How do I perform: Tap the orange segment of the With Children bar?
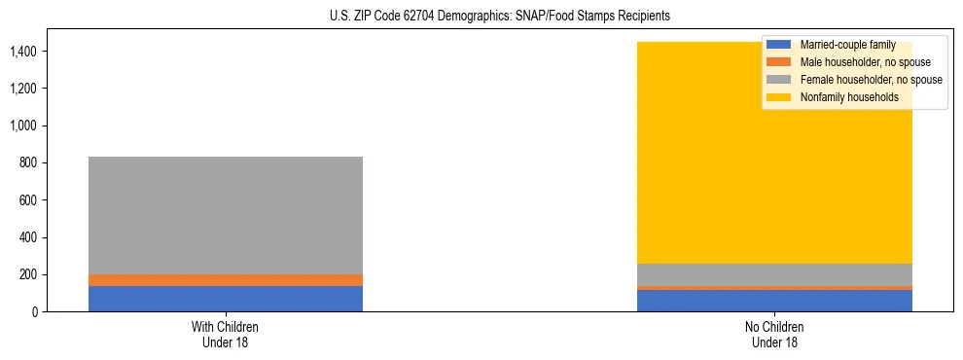(226, 280)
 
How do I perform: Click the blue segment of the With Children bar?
(226, 299)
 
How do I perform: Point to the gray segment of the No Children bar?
(774, 274)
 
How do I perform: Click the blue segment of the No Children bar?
(774, 302)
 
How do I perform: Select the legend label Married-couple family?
(847, 46)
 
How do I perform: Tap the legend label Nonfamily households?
(843, 97)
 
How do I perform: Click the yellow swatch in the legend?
(779, 97)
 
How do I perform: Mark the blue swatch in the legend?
(779, 46)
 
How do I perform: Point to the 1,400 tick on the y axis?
(25, 52)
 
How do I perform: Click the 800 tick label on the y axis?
(29, 163)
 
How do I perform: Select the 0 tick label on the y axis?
(35, 312)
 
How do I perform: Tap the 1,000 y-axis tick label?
(25, 126)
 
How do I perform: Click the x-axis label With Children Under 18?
(226, 335)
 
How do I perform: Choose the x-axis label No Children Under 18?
(774, 335)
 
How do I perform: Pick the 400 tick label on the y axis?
(29, 237)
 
